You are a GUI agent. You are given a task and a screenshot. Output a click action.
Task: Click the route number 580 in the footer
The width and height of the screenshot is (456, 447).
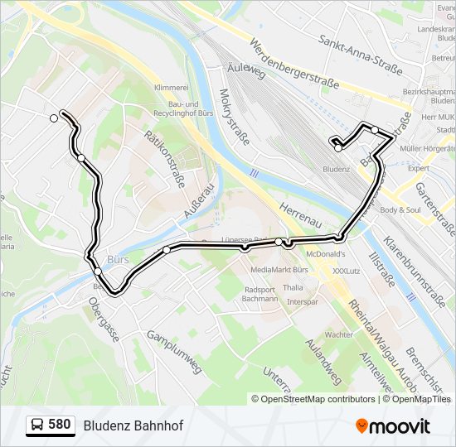(59, 425)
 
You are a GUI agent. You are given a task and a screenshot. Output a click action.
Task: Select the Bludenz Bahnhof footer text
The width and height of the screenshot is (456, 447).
(133, 425)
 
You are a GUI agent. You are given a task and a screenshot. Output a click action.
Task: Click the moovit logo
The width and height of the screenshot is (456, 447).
(393, 425)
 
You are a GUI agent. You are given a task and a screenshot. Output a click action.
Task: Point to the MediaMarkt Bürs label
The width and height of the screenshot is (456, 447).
(279, 270)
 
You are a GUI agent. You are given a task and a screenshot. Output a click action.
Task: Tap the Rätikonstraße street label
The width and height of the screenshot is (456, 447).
(163, 158)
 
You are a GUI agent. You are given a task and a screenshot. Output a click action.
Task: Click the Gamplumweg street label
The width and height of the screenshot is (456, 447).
(175, 352)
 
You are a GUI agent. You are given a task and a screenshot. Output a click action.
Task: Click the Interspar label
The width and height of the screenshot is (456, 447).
(303, 302)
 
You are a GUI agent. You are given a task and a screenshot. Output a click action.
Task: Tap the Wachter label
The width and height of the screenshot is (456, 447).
(338, 334)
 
